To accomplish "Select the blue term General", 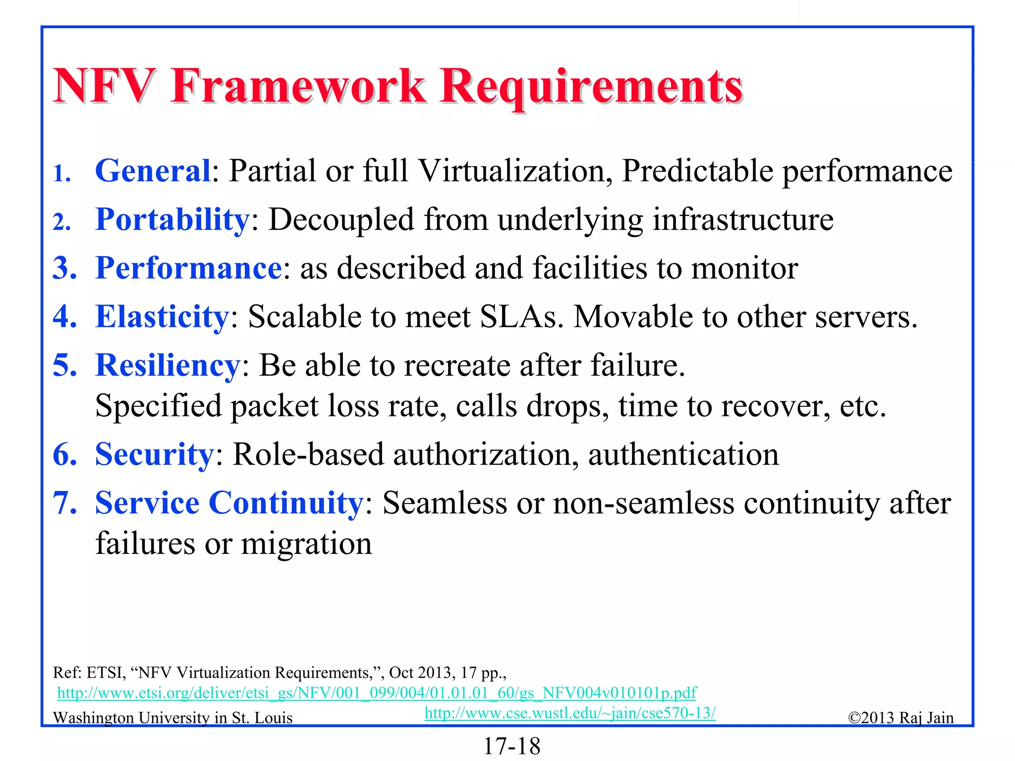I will [153, 171].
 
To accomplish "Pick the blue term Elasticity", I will [162, 317].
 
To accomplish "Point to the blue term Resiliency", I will [168, 365].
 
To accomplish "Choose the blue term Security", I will [154, 454].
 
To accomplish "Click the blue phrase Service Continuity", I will [229, 503].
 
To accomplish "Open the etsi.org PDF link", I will [377, 693].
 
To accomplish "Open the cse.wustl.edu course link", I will [570, 713].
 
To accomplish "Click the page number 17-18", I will [511, 746].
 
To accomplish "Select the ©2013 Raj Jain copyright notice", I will [901, 718].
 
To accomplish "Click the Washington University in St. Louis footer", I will [172, 718].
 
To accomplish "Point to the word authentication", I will [683, 454].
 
